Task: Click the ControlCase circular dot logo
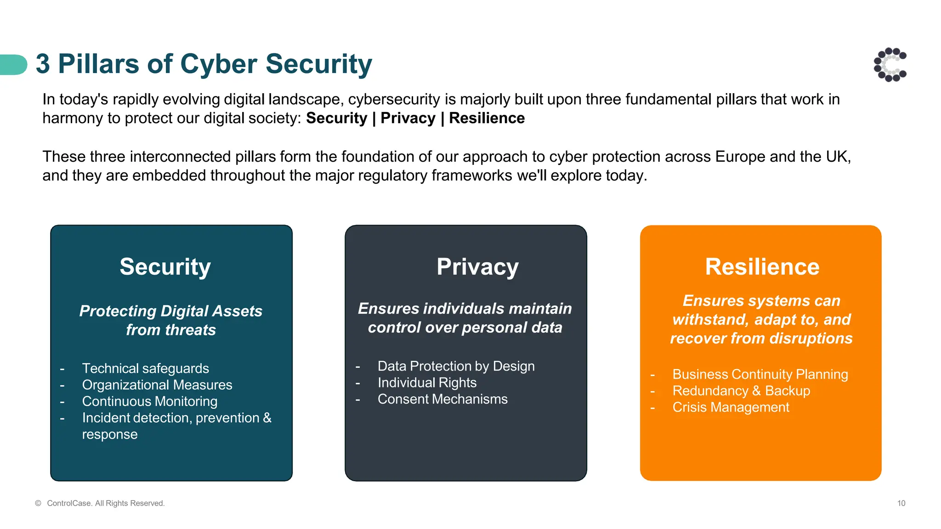point(890,65)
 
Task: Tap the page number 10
point(901,503)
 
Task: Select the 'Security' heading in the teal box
point(165,267)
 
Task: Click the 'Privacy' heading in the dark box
point(477,267)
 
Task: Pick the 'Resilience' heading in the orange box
point(762,267)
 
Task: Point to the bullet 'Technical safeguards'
point(145,368)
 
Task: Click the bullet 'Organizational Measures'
point(157,385)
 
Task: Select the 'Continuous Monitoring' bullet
point(150,401)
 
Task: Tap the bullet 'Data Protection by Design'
point(456,366)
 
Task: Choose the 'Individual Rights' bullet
point(427,383)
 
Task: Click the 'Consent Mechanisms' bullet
point(442,399)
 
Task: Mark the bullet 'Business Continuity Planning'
point(760,374)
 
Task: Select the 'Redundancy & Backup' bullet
point(741,391)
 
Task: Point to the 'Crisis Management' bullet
point(731,407)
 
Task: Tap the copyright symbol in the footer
point(38,503)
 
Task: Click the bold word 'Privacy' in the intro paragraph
point(408,118)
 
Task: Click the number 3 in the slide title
point(43,64)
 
